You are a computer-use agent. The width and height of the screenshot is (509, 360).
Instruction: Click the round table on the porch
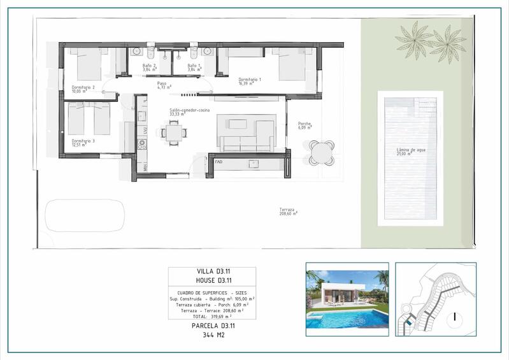tap(321, 152)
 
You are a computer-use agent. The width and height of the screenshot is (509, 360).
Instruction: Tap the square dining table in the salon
tap(174, 133)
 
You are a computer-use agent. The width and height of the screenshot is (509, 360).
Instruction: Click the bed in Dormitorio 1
tap(292, 64)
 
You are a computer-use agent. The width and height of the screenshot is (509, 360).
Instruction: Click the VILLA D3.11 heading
tap(211, 271)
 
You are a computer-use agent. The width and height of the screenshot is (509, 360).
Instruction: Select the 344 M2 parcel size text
tap(211, 334)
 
